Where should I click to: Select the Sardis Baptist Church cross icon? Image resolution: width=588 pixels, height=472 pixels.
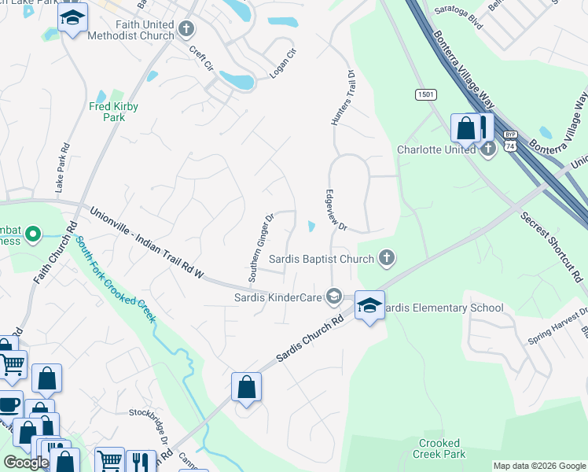[x=386, y=257]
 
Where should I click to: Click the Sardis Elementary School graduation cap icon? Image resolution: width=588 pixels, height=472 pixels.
[x=369, y=305]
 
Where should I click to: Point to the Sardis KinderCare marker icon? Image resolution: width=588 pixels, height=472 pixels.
[x=333, y=296]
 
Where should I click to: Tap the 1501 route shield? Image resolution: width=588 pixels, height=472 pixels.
[x=425, y=94]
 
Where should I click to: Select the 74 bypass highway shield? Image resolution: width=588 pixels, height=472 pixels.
[x=511, y=142]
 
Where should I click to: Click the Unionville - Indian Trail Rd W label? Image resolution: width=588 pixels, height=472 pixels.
[x=146, y=243]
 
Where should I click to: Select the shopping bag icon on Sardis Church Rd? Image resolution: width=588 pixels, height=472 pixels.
[x=247, y=387]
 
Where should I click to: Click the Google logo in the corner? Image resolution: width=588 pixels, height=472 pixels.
[x=26, y=463]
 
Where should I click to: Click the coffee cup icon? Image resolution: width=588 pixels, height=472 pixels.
[x=9, y=405]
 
